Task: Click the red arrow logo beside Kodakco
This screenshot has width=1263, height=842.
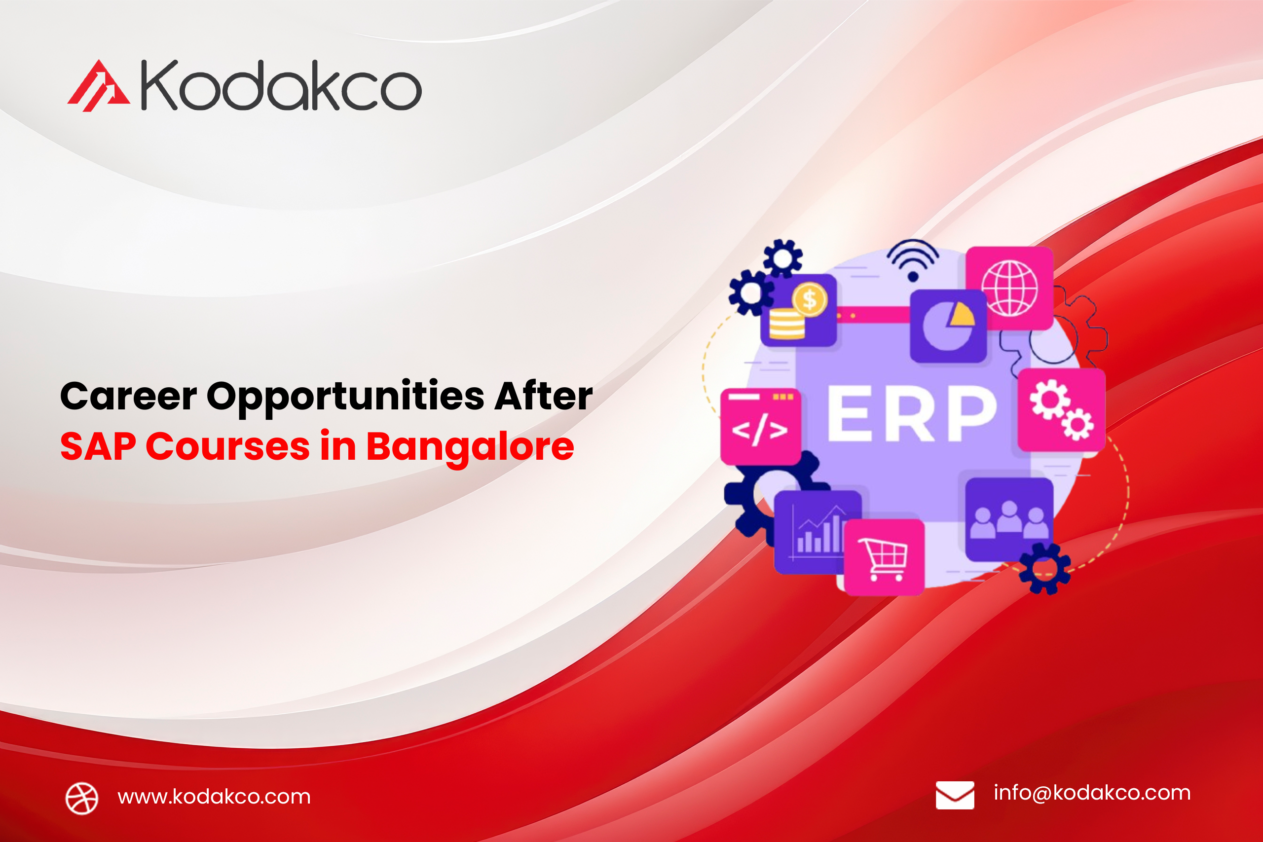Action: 98,86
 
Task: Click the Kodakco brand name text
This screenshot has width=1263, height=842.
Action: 281,85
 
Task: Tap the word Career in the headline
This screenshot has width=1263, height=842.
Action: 128,396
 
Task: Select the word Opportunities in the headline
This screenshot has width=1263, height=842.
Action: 346,398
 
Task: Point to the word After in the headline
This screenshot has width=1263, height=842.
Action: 543,395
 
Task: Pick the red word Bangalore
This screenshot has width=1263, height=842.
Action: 470,448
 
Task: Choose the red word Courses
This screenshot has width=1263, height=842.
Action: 227,447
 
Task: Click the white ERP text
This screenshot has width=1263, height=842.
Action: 911,413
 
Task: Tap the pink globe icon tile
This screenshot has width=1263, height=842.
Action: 1009,289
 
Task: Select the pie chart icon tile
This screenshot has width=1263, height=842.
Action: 948,326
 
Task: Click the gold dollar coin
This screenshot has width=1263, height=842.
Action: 810,299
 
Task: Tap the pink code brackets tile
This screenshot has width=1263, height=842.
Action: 760,427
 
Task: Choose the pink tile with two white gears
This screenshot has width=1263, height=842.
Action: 1062,410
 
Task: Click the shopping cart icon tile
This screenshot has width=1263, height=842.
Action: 885,557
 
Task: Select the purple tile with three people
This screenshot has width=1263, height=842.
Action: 1009,519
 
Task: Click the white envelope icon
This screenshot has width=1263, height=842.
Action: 955,795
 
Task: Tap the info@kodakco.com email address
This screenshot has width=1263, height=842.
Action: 1092,793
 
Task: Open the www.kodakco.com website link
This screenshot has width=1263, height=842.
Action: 214,796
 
